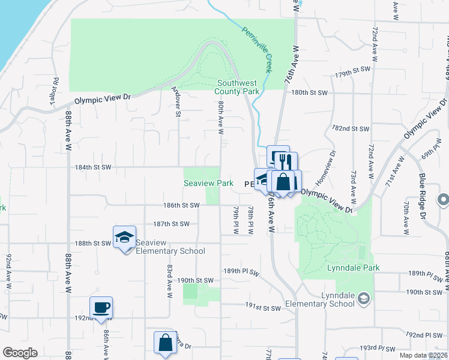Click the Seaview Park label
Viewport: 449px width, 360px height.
208,183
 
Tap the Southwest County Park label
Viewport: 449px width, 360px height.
238,88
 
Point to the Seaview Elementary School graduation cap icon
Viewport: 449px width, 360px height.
124,237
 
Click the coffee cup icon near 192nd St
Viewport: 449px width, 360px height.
101,308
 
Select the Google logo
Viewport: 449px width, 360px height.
20,353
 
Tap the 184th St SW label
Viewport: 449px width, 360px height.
92,167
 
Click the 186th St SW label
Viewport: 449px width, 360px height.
181,205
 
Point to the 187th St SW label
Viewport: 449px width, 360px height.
171,224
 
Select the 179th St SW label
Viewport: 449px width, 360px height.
350,74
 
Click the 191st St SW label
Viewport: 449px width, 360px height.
263,308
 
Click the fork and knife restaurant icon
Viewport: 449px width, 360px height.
285,162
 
